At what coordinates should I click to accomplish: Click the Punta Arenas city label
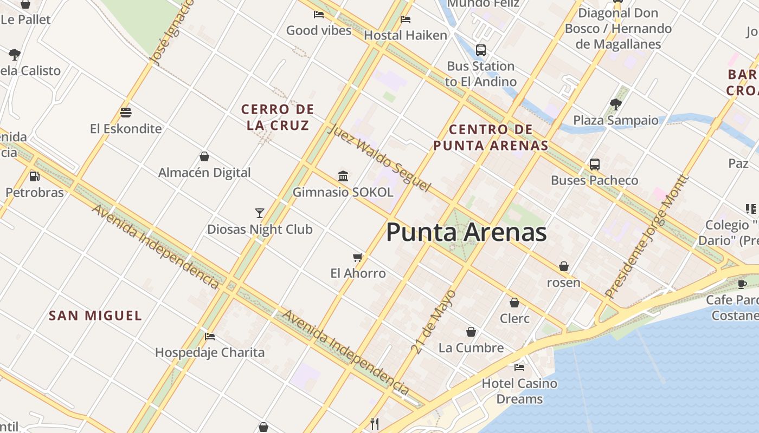466,233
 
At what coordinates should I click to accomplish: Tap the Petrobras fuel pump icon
34,176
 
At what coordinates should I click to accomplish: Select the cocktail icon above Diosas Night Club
260,213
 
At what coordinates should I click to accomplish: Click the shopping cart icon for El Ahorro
358,257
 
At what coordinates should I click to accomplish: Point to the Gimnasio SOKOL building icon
343,176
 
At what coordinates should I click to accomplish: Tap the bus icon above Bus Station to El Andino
480,50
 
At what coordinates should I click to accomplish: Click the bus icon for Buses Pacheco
595,165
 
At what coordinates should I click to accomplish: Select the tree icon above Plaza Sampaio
615,104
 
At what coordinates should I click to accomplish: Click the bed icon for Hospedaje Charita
210,337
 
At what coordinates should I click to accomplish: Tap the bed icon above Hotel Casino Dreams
519,368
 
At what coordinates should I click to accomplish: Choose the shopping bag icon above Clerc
514,303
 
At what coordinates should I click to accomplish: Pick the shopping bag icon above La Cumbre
471,332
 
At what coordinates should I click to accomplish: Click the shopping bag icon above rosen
564,267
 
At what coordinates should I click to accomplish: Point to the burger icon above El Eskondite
126,113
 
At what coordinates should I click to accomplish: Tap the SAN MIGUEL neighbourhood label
95,316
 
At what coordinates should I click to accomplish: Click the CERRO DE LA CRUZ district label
278,117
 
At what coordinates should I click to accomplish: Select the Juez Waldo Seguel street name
379,159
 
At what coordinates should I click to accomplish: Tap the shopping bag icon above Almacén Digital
204,157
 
